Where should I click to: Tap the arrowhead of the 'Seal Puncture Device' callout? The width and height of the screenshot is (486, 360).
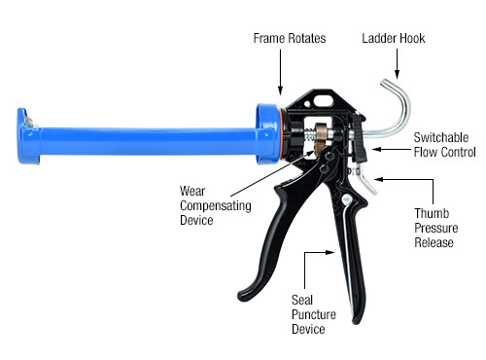pos(308,254)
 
